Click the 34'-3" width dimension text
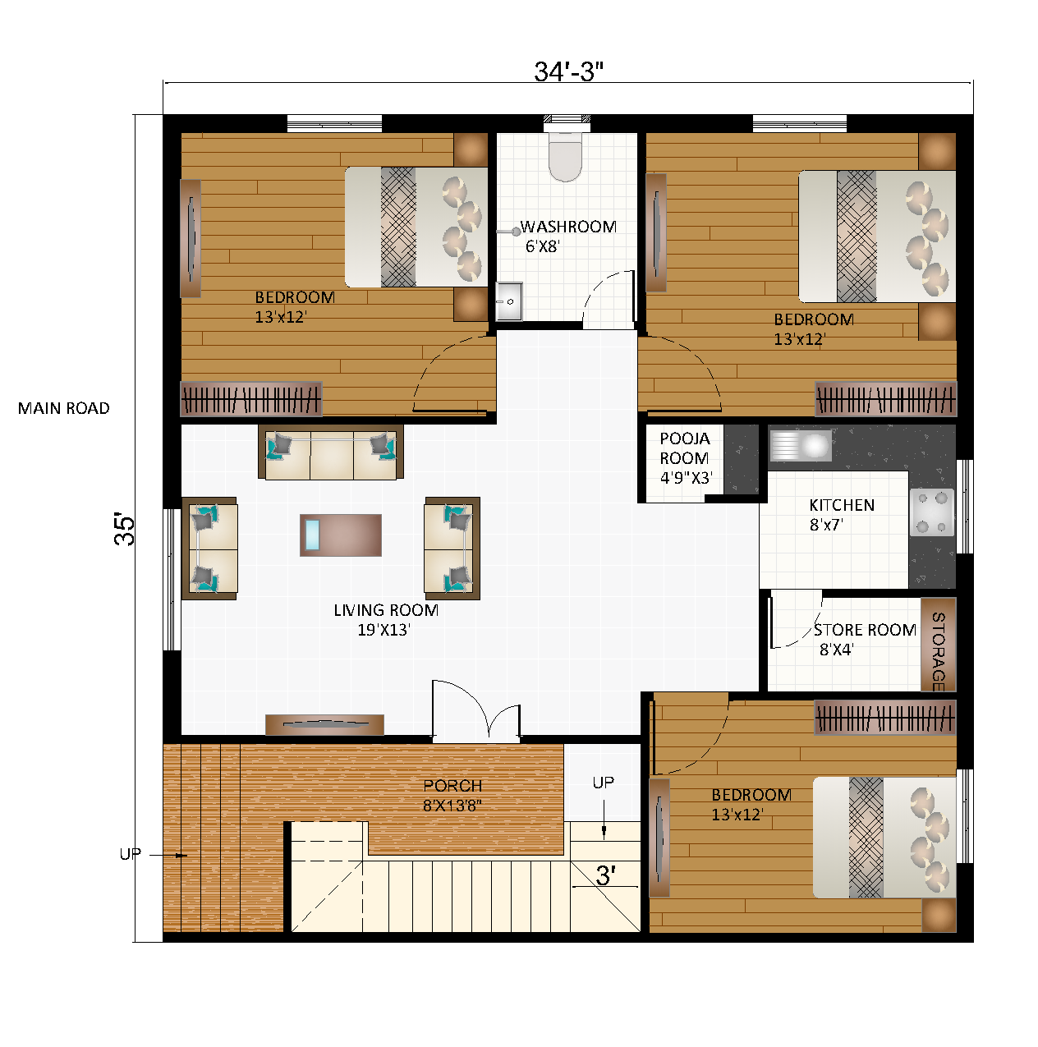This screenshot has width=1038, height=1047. click(568, 72)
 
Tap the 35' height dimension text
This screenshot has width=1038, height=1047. click(125, 530)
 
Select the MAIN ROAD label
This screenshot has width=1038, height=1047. click(64, 409)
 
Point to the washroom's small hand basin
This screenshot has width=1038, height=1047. click(509, 301)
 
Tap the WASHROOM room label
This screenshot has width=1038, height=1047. click(568, 227)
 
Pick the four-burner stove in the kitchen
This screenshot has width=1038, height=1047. click(932, 512)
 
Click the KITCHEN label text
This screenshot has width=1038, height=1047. click(842, 506)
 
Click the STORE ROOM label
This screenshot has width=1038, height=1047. click(865, 631)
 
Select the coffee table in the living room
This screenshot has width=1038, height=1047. click(341, 535)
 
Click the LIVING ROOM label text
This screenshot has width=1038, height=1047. click(386, 611)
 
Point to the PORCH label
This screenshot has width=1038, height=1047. click(452, 787)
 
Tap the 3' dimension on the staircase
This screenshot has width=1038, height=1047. click(605, 876)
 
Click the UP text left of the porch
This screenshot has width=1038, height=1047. click(130, 855)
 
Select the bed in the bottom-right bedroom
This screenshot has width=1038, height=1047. click(884, 838)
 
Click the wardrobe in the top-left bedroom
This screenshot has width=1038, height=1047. click(251, 400)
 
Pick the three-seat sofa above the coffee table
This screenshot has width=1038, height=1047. click(331, 453)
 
